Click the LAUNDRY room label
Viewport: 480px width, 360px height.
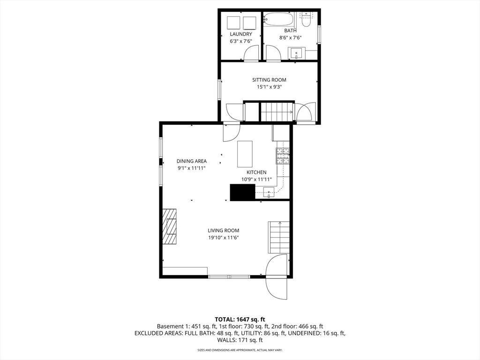(241, 34)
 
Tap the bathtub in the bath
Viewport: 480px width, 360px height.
(279, 20)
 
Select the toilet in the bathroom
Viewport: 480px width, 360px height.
(306, 20)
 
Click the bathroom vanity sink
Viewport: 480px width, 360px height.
(296, 53)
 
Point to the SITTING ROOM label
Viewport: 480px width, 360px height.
(269, 80)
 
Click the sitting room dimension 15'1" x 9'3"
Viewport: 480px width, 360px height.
(269, 87)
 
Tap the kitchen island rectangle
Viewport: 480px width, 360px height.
(245, 154)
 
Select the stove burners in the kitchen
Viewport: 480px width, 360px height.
(283, 156)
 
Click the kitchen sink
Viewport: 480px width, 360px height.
(269, 192)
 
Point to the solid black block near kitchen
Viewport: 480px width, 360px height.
(242, 193)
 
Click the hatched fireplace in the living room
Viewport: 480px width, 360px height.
(169, 226)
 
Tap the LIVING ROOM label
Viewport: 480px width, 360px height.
(224, 231)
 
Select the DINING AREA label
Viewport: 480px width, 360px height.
(192, 161)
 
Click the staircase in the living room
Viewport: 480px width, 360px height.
(279, 237)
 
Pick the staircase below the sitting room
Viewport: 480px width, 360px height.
(277, 112)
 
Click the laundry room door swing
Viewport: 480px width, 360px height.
(251, 53)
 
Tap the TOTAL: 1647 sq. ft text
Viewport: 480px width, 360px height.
(240, 320)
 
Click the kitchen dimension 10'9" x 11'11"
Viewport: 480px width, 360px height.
(256, 180)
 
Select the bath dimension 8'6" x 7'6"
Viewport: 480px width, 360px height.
(290, 37)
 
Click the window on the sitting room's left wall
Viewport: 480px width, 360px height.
(219, 90)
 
